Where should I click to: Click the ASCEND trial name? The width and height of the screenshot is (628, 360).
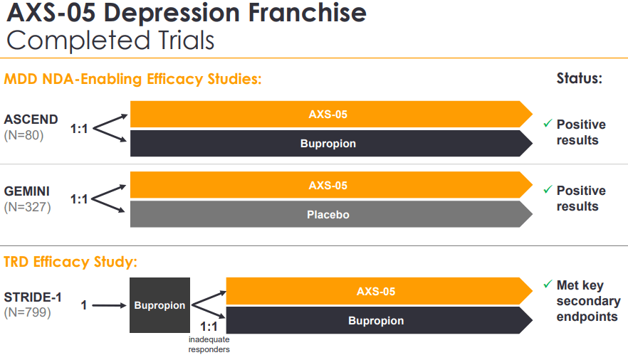31,119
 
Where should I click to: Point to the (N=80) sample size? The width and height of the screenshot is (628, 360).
23,134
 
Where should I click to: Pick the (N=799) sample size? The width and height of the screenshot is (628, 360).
27,312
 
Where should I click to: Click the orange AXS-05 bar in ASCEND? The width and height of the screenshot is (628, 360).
328,114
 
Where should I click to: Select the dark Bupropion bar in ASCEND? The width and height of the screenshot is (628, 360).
328,144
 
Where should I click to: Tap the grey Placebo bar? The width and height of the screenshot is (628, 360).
328,214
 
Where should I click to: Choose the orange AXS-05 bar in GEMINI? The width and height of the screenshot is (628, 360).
328,186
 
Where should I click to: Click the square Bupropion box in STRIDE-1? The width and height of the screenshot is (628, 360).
159,305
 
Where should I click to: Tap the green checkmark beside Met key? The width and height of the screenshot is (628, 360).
548,285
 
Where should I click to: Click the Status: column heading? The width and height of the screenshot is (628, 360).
579,78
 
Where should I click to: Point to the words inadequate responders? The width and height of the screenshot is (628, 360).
209,344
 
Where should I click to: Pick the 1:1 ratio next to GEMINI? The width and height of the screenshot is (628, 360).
79,199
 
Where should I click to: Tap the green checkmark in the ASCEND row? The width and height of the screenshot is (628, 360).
548,124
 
